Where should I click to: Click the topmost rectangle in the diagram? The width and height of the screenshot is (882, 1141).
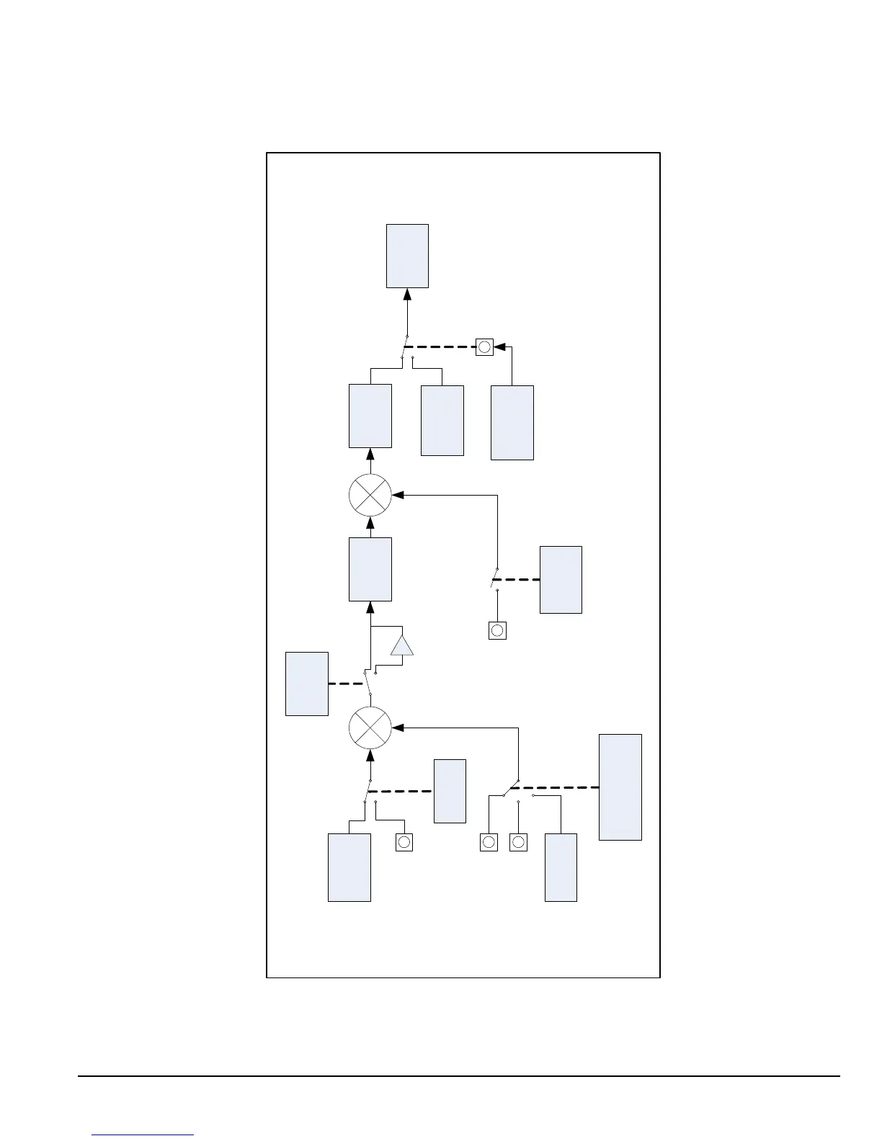407,256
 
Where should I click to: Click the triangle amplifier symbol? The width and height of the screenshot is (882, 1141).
402,646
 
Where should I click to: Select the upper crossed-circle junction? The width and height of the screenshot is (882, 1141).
370,496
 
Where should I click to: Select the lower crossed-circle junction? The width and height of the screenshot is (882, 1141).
370,728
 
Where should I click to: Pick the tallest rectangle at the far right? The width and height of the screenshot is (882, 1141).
620,787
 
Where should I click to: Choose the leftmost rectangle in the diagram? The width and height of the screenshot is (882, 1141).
307,684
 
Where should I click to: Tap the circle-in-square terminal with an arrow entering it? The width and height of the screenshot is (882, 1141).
485,346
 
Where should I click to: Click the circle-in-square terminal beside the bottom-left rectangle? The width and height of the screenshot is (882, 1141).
404,842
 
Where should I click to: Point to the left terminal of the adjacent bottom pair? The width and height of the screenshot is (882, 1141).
489,842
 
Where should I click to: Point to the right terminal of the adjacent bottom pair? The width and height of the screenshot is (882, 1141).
518,842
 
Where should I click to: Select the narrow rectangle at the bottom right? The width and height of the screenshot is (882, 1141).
561,867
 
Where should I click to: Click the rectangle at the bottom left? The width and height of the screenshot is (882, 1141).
349,867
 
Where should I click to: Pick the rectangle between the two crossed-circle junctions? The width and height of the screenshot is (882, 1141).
370,569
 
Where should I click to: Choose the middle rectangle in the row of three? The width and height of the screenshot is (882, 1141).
442,421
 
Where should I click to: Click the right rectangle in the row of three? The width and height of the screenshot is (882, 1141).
512,423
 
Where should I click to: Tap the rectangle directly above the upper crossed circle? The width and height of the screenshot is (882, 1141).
370,416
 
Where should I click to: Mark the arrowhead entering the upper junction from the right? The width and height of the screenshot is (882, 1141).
397,496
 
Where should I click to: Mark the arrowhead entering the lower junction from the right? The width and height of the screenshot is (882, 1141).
397,728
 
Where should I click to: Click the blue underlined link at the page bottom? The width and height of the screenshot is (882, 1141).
143,1135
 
